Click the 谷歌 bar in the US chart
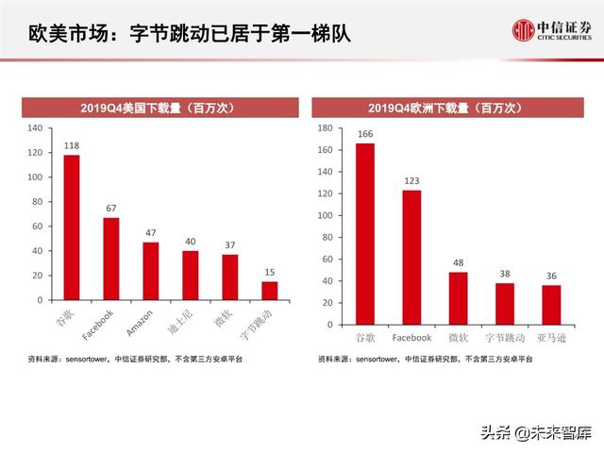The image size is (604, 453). [72, 227]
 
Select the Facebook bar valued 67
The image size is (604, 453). [111, 259]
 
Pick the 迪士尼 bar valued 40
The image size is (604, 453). [191, 275]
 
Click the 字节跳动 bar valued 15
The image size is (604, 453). [270, 291]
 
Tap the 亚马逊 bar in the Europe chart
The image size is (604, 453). [551, 305]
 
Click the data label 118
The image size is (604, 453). [72, 145]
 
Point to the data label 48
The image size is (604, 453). [459, 263]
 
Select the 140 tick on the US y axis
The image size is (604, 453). [35, 128]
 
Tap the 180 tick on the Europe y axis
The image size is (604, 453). [325, 127]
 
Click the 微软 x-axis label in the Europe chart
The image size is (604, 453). [459, 338]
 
